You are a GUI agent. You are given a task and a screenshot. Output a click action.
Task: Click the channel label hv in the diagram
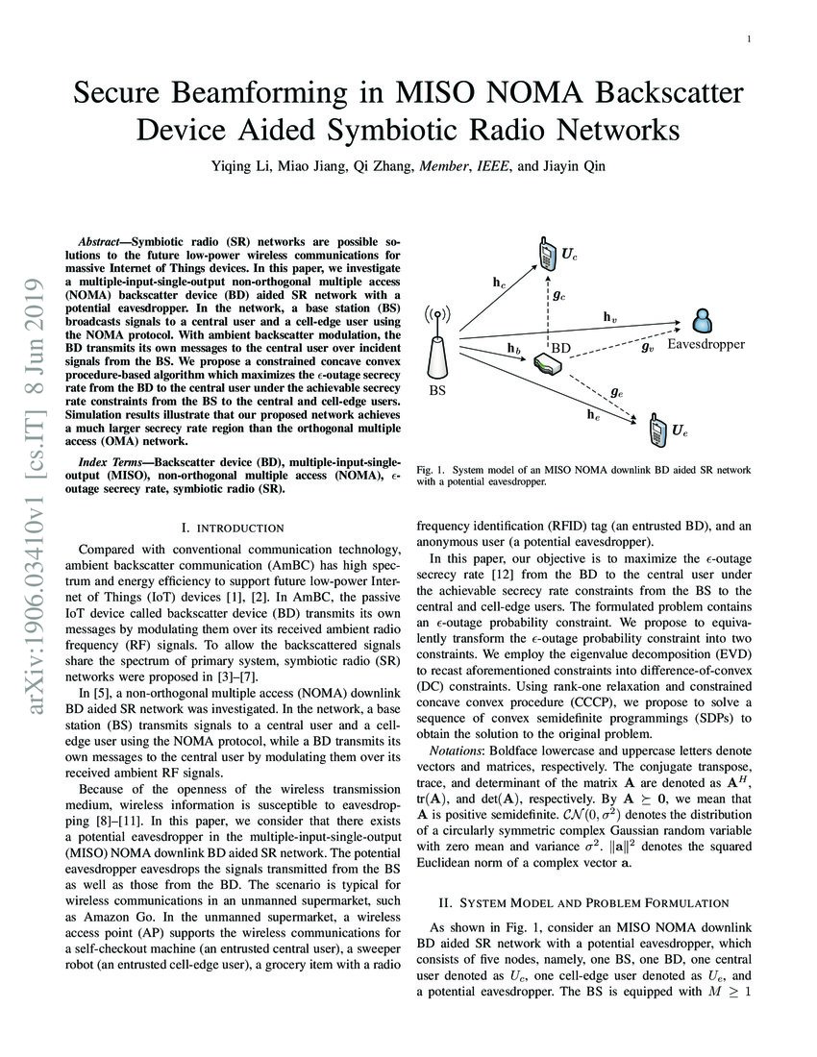click(610, 316)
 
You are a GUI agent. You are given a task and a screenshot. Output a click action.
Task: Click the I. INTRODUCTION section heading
click(232, 528)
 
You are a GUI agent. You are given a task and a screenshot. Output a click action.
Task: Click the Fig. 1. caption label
click(433, 469)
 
